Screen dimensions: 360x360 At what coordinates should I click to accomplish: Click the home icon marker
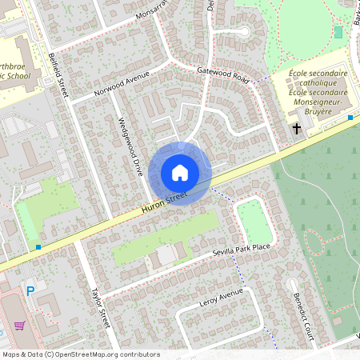point(180,173)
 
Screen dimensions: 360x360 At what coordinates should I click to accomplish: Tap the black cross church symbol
point(296,128)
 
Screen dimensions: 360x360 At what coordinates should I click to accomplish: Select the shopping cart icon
point(19,325)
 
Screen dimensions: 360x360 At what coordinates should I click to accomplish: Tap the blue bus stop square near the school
point(350,118)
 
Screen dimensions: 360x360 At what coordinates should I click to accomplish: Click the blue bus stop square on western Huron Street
point(38,247)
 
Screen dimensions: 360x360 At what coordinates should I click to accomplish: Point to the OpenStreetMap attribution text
point(80,354)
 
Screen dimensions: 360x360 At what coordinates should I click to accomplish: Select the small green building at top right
point(338,33)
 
